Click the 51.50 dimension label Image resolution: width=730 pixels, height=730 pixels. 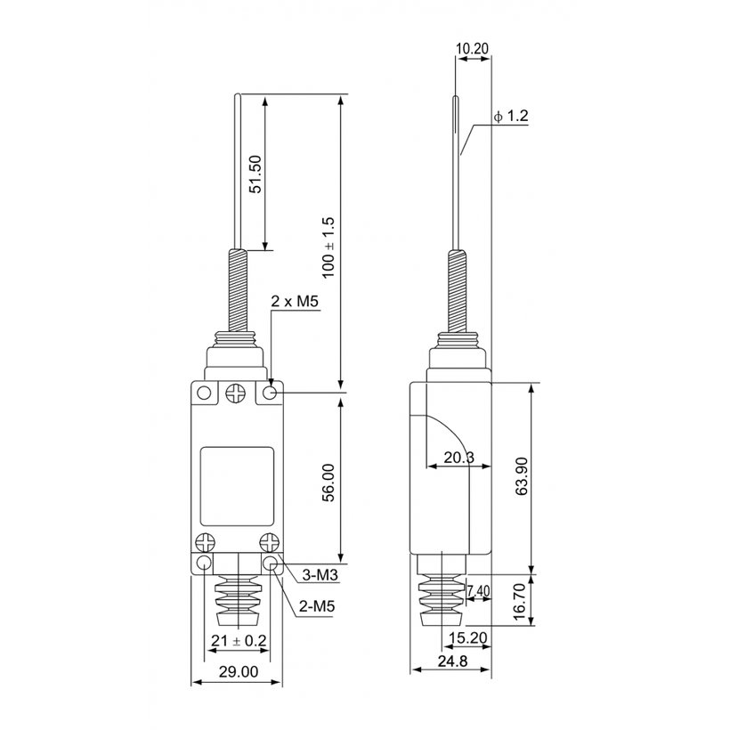pos(255,174)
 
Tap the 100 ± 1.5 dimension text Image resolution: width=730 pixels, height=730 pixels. pos(328,247)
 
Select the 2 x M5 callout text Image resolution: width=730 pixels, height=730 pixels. pos(295,301)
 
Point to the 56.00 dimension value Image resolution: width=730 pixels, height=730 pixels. pos(328,483)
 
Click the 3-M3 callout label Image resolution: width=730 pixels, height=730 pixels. pos(320,575)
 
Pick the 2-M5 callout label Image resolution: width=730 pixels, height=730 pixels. pos(317,606)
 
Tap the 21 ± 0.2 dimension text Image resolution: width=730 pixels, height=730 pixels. pos(239,641)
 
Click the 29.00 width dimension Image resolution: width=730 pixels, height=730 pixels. pos(239,672)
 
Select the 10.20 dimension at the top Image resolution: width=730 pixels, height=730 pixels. pos(472,48)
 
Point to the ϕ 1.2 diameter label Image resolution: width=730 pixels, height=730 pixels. pos(511,116)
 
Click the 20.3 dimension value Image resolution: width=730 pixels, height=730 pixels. pos(458,458)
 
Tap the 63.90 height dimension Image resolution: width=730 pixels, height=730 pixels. pos(522,475)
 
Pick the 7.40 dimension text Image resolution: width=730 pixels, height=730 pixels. pos(478,591)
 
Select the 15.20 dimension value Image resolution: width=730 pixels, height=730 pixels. pos(468,637)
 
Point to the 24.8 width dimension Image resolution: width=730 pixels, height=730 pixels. pos(452,661)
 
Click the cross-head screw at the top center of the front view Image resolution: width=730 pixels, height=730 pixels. pos(236,393)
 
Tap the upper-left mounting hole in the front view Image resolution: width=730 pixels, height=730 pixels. pos(204,393)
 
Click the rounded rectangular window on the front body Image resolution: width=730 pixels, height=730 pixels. pos(237,486)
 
